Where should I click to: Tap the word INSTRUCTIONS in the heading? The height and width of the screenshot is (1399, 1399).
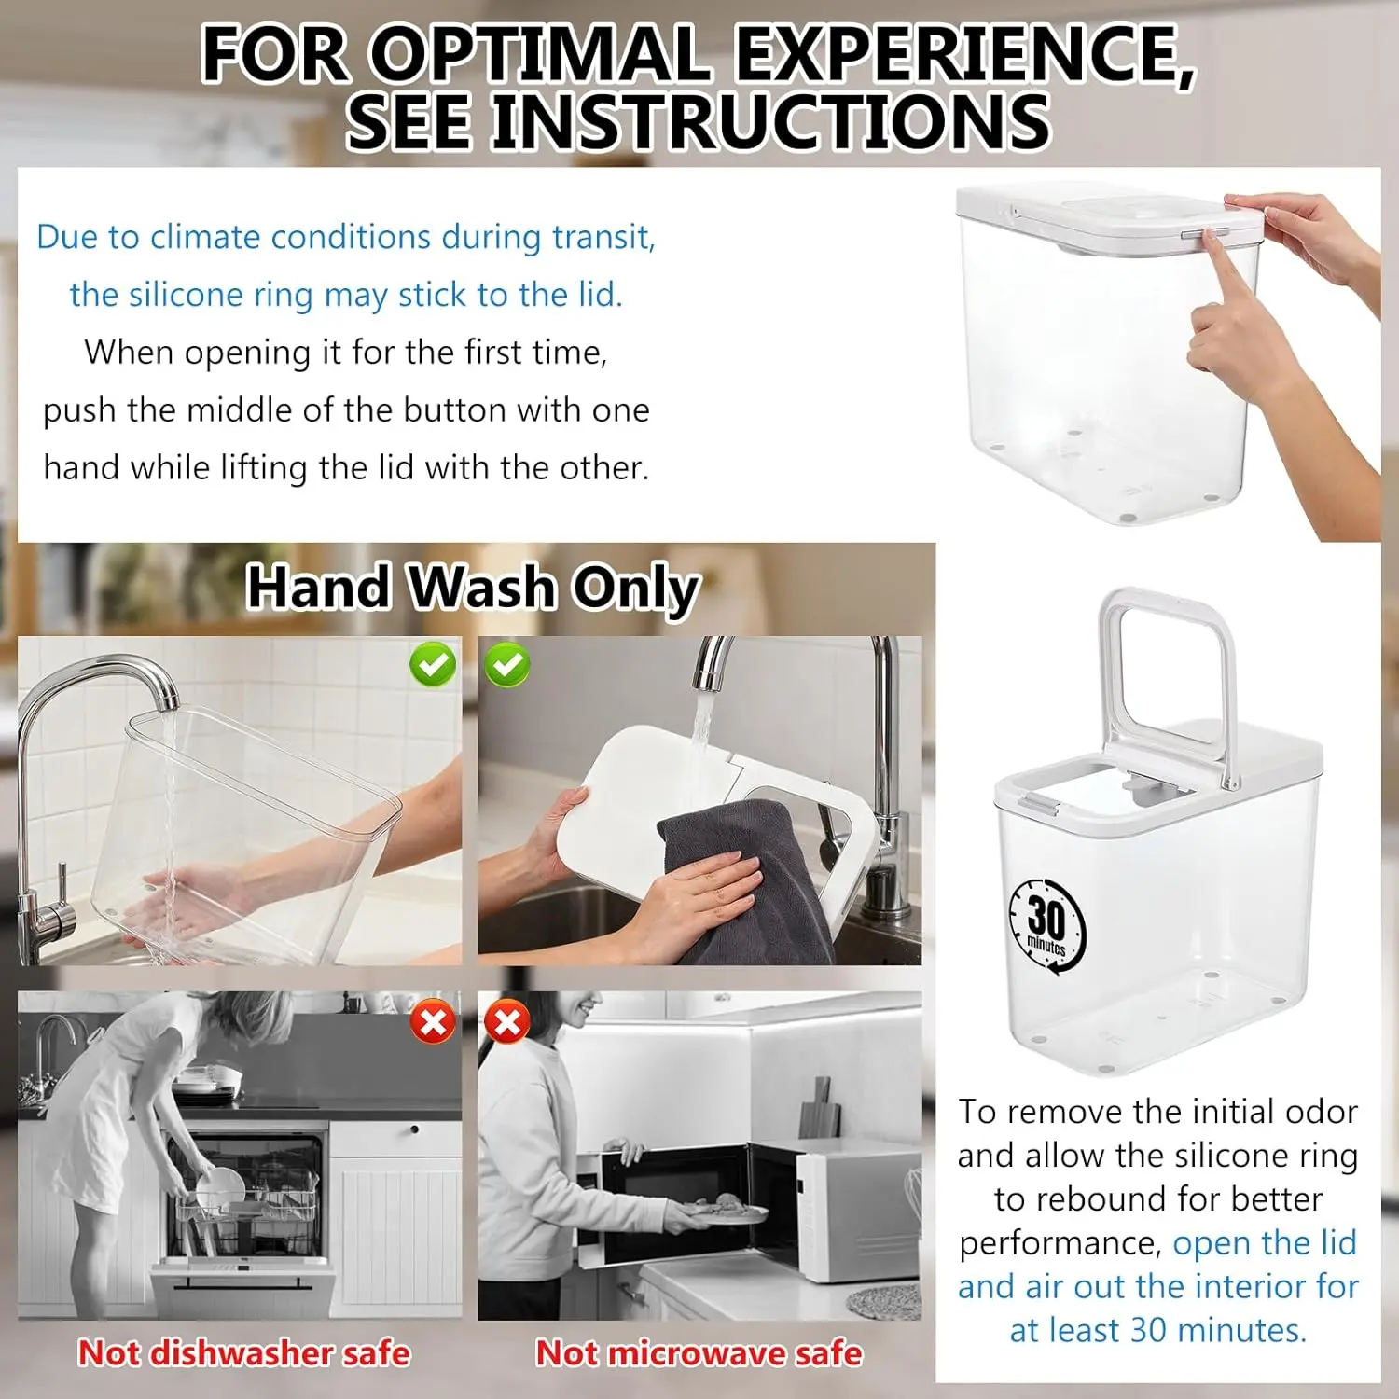click(771, 120)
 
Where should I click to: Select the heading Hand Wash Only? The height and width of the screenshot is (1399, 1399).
click(473, 588)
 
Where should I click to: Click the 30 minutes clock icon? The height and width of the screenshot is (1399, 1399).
click(1047, 924)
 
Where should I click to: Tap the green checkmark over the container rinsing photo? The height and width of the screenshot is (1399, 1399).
click(433, 665)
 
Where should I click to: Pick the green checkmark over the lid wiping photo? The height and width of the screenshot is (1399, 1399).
click(506, 665)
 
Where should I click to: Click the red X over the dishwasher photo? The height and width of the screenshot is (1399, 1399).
click(433, 1022)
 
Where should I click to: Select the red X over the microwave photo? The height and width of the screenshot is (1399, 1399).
click(506, 1022)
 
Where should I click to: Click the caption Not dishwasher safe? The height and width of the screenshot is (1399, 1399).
click(243, 1352)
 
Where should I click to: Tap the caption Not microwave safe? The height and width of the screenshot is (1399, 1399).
click(699, 1352)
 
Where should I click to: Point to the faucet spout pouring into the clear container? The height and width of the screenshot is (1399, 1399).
click(164, 695)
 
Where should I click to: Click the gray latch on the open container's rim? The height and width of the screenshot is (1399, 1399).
click(1040, 803)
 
